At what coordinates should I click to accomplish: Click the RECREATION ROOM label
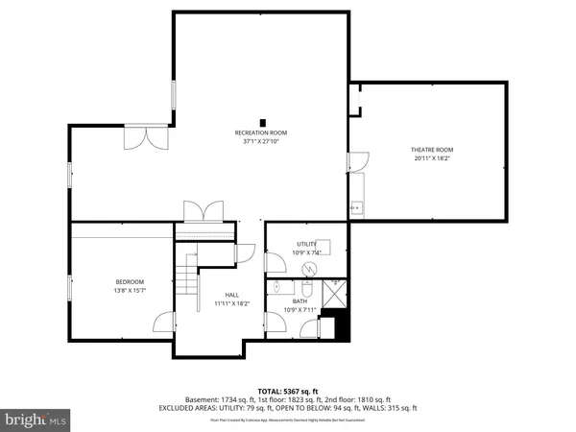tap(260, 132)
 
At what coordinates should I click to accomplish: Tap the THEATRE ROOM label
tap(432, 150)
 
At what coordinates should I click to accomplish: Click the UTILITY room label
tap(306, 245)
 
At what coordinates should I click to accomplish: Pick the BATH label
tap(300, 300)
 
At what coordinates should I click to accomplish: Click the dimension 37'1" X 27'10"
tap(260, 141)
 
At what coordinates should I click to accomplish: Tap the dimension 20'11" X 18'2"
tap(432, 158)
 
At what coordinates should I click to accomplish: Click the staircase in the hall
tap(186, 279)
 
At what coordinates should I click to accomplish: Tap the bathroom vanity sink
tap(279, 287)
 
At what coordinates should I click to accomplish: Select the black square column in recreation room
tap(261, 120)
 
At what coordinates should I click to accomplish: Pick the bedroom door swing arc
tap(165, 324)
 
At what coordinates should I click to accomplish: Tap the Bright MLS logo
tap(37, 419)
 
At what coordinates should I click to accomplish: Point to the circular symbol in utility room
tap(309, 269)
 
